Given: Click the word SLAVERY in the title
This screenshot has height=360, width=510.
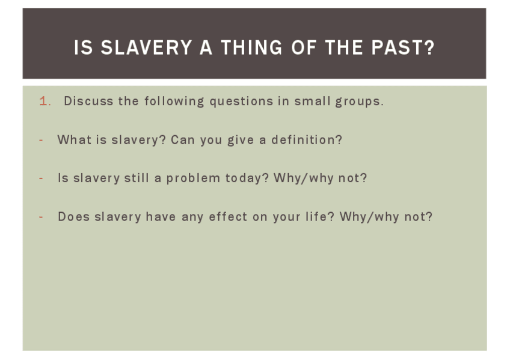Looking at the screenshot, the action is click(x=146, y=47).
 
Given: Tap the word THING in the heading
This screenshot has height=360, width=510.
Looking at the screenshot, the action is click(x=252, y=47).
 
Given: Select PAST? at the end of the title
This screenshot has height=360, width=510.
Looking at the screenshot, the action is click(x=403, y=47).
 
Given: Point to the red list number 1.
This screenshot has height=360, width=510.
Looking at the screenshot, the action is click(x=45, y=101).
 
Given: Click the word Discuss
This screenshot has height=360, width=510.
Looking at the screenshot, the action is click(x=88, y=101).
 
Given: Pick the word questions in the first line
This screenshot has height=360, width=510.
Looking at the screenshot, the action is click(x=241, y=102).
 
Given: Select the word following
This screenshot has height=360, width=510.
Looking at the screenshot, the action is click(x=174, y=102).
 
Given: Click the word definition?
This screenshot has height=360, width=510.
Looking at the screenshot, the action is click(x=307, y=139).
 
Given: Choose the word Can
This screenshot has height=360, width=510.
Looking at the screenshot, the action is click(x=182, y=139).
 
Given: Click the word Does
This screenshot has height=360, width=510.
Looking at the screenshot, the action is click(x=73, y=217).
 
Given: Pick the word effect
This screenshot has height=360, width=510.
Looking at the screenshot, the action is click(x=228, y=217).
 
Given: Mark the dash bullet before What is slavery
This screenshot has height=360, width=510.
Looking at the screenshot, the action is click(x=41, y=141).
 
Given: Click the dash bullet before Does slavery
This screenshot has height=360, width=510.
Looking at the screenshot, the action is click(x=41, y=217).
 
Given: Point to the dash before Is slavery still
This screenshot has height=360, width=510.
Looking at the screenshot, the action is click(x=41, y=178).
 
